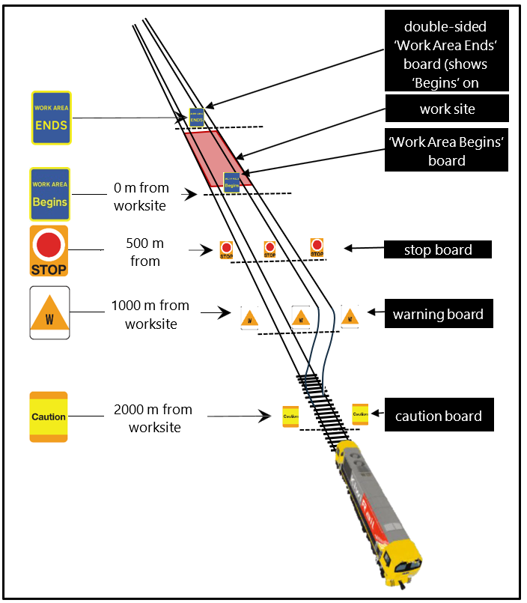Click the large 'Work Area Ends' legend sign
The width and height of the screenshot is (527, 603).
pyautogui.click(x=51, y=118)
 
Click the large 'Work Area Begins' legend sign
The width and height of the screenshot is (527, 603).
pyautogui.click(x=49, y=193)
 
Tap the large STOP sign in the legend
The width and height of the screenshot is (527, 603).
pyautogui.click(x=49, y=250)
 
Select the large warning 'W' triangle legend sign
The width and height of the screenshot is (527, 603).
pyautogui.click(x=49, y=312)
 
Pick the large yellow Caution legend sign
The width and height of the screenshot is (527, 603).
pyautogui.click(x=49, y=416)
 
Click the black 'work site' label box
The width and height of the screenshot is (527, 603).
pyautogui.click(x=447, y=109)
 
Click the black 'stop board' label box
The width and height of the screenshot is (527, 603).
pyautogui.click(x=438, y=249)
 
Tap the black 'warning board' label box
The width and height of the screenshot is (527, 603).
pyautogui.click(x=438, y=314)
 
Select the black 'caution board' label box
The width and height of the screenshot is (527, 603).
pyautogui.click(x=438, y=416)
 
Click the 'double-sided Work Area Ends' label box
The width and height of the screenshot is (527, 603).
pyautogui.click(x=447, y=50)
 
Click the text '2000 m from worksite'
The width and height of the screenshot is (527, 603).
pyautogui.click(x=153, y=418)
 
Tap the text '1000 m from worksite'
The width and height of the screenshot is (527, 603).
pyautogui.click(x=150, y=315)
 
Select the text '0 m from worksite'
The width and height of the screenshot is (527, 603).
pyautogui.click(x=141, y=196)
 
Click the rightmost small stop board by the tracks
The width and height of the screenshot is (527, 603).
pyautogui.click(x=317, y=248)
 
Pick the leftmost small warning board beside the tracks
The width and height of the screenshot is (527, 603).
pyautogui.click(x=249, y=318)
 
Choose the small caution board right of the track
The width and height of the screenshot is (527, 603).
pyautogui.click(x=360, y=413)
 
